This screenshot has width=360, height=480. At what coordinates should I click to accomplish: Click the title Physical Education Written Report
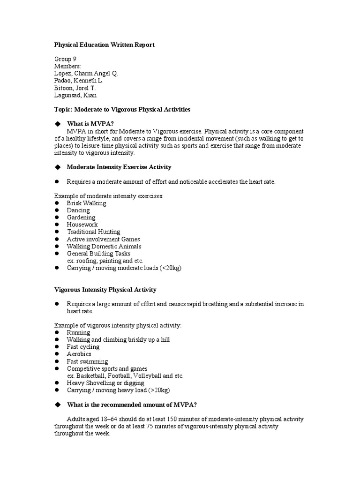(105, 45)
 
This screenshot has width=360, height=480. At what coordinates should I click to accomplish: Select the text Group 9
(66, 59)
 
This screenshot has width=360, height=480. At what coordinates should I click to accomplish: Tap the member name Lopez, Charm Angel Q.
(86, 74)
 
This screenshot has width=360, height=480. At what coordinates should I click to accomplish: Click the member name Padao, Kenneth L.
(79, 81)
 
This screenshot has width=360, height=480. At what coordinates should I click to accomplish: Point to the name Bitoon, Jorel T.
(75, 88)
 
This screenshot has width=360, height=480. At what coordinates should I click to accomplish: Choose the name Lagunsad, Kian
(75, 95)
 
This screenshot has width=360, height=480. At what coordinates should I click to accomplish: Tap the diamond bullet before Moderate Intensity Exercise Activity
(58, 167)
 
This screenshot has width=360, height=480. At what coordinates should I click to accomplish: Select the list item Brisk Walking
(86, 203)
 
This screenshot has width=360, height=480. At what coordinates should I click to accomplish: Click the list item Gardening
(81, 217)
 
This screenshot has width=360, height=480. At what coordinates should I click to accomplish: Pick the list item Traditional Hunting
(93, 232)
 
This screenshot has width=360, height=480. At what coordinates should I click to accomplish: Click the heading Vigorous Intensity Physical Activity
(105, 290)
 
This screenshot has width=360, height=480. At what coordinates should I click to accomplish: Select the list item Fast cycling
(83, 347)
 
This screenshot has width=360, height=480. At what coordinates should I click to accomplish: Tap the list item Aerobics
(79, 354)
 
